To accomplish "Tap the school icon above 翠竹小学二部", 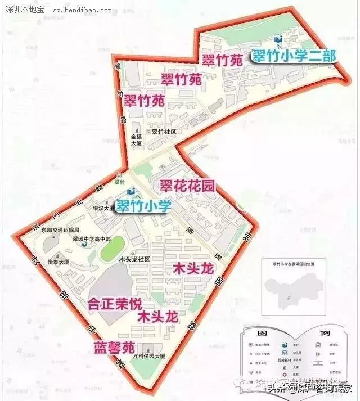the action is pyautogui.click(x=277, y=39).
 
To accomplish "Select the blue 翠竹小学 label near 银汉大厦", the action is pyautogui.click(x=143, y=206).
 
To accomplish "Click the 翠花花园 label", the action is pyautogui.click(x=187, y=186).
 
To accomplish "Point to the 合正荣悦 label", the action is pyautogui.click(x=115, y=304).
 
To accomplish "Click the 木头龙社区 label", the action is pyautogui.click(x=134, y=259).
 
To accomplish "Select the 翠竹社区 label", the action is pyautogui.click(x=164, y=131).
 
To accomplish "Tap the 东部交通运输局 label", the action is pyautogui.click(x=61, y=230).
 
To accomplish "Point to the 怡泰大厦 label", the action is pyautogui.click(x=58, y=262).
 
